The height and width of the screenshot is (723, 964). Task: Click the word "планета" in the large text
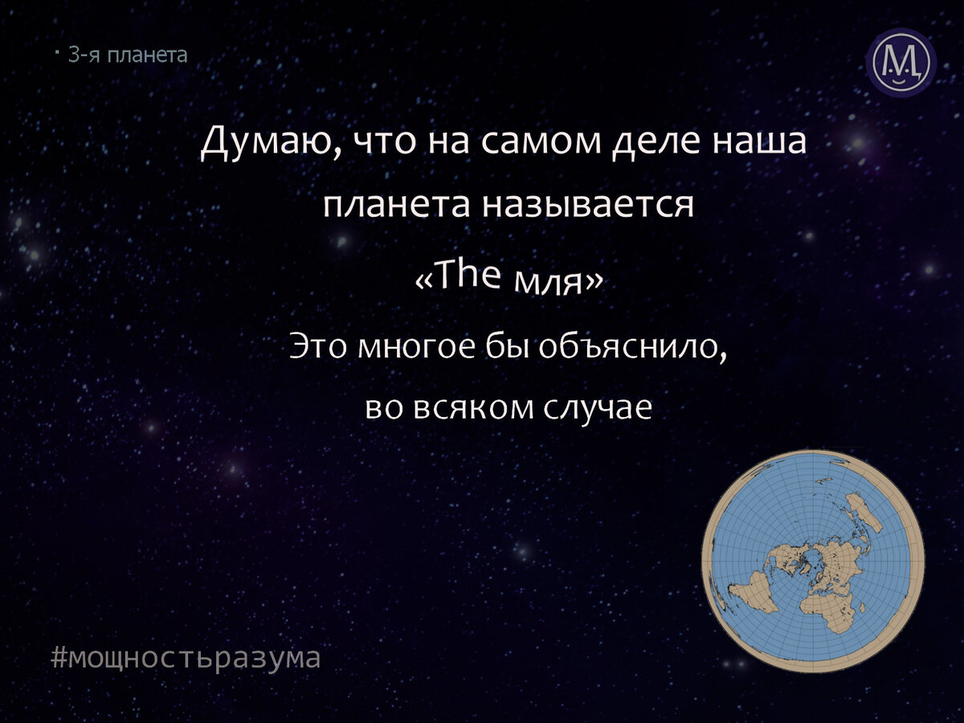click(x=396, y=206)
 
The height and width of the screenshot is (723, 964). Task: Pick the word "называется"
click(x=588, y=206)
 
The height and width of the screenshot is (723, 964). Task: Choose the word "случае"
click(x=597, y=408)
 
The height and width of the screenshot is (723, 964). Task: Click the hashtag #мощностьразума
click(x=186, y=657)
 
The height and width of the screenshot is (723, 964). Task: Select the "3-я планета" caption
click(x=127, y=55)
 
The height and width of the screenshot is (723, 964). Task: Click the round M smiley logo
click(x=901, y=63)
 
